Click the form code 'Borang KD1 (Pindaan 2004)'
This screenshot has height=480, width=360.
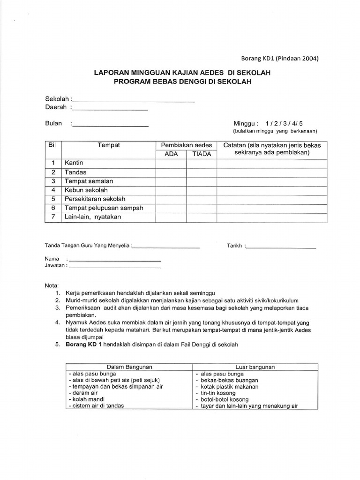click(279, 59)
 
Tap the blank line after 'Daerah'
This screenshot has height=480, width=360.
click(110, 108)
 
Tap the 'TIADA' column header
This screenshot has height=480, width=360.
click(201, 154)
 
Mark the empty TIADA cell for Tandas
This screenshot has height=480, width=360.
click(201, 172)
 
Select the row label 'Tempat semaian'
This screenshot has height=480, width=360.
click(89, 181)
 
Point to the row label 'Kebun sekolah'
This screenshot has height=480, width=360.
click(86, 190)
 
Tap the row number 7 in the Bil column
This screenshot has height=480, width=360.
click(53, 217)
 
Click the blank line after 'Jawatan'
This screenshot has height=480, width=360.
click(114, 266)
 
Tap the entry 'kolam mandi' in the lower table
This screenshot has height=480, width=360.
click(86, 399)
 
